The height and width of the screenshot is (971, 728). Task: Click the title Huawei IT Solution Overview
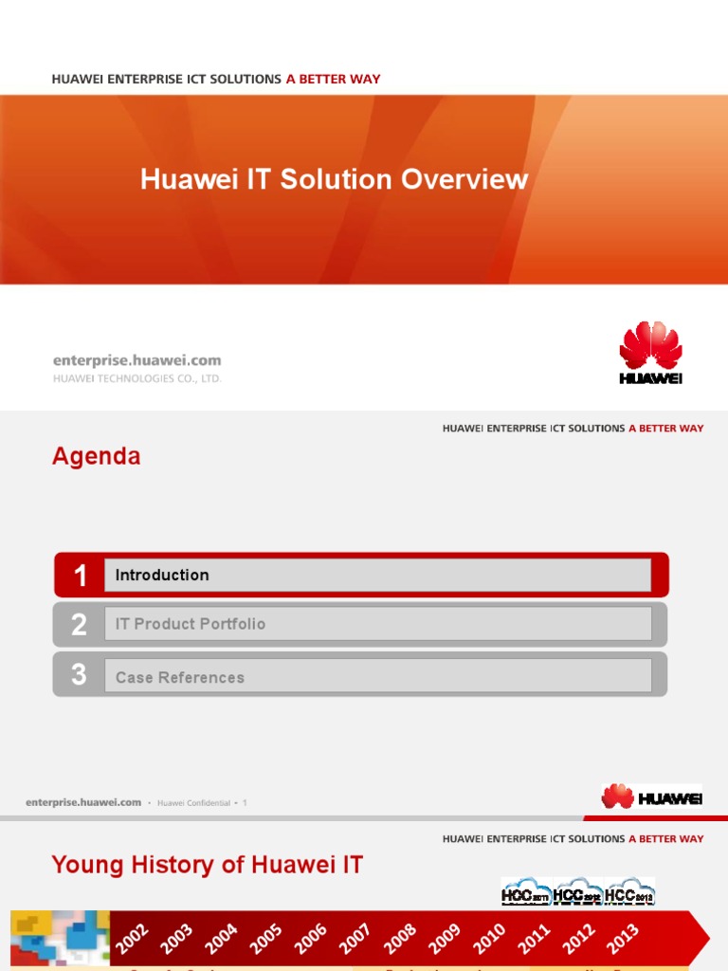pyautogui.click(x=334, y=179)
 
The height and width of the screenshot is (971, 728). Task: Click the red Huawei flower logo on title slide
pyautogui.click(x=650, y=347)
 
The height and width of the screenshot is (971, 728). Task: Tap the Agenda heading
pyautogui.click(x=96, y=456)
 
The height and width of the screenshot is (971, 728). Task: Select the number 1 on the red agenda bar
pyautogui.click(x=80, y=576)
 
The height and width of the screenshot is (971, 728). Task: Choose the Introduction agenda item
pyautogui.click(x=162, y=575)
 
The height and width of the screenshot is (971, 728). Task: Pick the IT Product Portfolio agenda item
pyautogui.click(x=190, y=624)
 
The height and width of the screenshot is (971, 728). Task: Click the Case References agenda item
pyautogui.click(x=179, y=677)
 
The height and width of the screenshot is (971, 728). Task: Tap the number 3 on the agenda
pyautogui.click(x=80, y=675)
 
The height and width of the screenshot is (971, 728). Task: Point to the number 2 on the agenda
pyautogui.click(x=80, y=625)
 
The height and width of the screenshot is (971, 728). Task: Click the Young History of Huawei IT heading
pyautogui.click(x=207, y=864)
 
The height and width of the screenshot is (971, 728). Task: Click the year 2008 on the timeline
pyautogui.click(x=400, y=939)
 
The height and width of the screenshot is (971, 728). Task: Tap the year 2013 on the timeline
pyautogui.click(x=623, y=939)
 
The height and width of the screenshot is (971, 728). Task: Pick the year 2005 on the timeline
pyautogui.click(x=265, y=939)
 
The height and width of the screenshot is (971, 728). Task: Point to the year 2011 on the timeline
pyautogui.click(x=534, y=939)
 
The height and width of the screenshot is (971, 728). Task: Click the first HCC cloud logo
pyautogui.click(x=525, y=892)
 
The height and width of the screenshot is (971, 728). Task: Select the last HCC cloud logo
pyautogui.click(x=629, y=892)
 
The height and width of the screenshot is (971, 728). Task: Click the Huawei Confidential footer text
pyautogui.click(x=193, y=803)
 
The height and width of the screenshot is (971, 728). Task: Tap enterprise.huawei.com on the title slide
pyautogui.click(x=136, y=360)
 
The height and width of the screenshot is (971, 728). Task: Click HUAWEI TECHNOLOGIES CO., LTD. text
pyautogui.click(x=136, y=378)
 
